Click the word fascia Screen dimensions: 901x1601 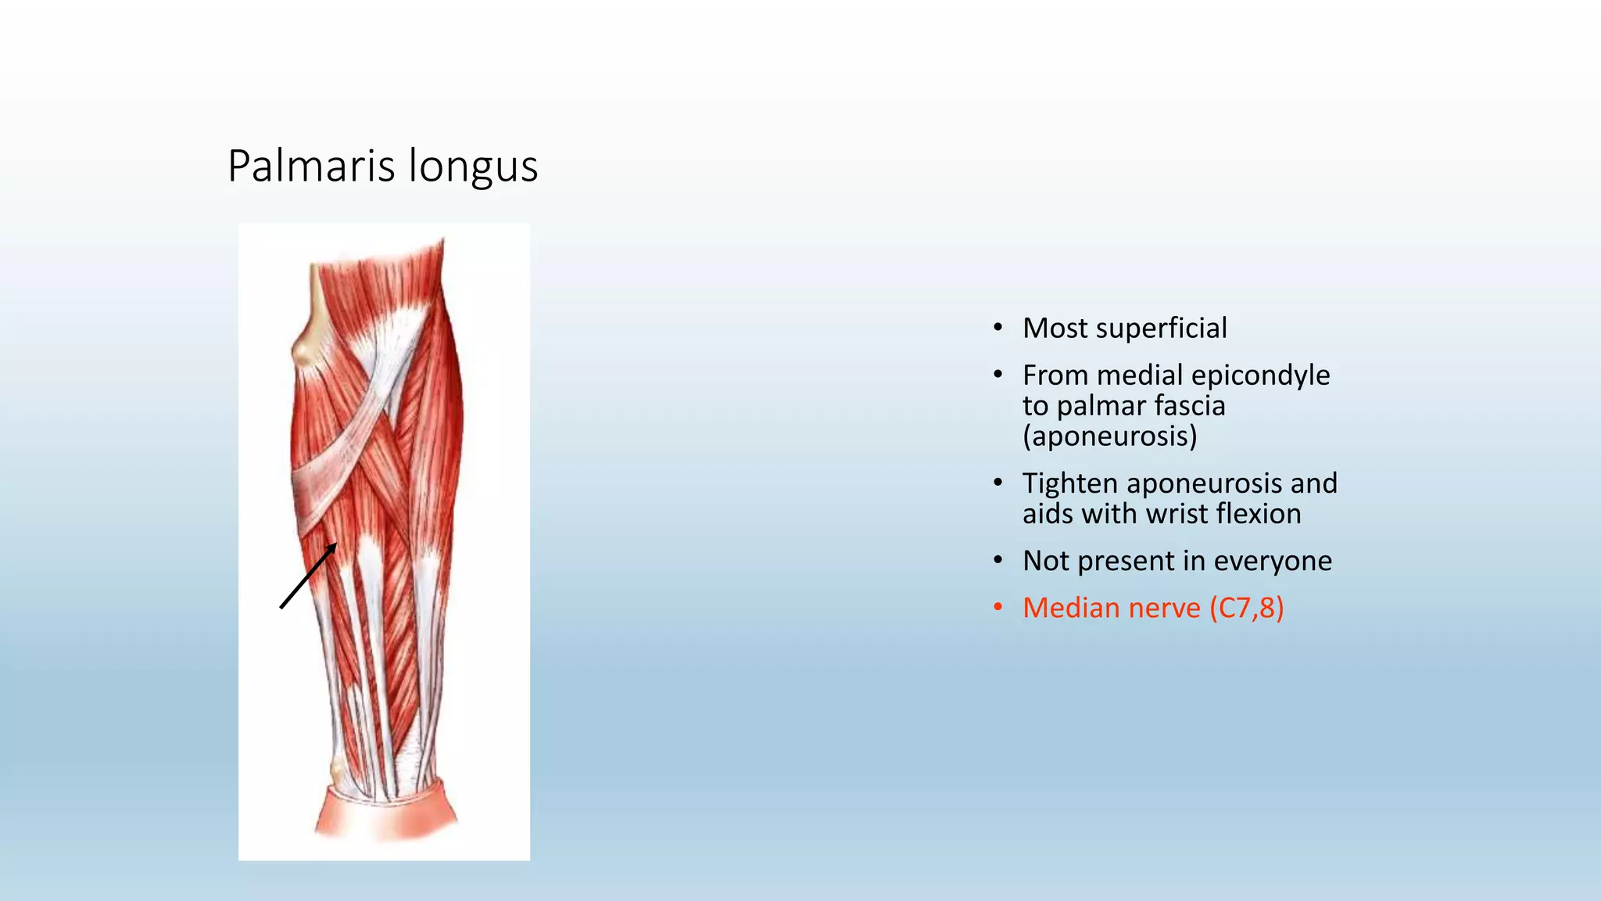(x=1190, y=406)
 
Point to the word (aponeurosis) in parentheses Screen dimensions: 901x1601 (x=1109, y=436)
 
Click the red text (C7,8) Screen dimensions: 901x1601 (x=1246, y=608)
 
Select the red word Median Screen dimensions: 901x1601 (x=1072, y=608)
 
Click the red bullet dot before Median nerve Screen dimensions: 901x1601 (x=997, y=608)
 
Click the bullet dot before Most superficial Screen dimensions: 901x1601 (x=997, y=328)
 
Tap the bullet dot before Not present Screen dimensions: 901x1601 (x=997, y=561)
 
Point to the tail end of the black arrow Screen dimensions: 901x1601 (x=281, y=607)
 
